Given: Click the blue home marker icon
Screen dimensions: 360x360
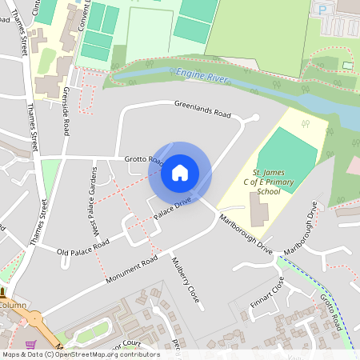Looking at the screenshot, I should click(x=179, y=172).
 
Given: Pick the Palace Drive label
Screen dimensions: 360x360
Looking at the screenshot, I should click(x=173, y=211).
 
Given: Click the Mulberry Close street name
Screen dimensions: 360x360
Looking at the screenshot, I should click(x=185, y=280).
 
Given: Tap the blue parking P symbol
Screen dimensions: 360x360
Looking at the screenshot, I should click(x=322, y=10).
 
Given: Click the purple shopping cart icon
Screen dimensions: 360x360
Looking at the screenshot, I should click(x=31, y=344).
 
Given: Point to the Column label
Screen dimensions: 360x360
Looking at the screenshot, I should click(x=13, y=305).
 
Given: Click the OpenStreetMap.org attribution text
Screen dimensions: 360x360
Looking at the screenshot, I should click(x=104, y=354).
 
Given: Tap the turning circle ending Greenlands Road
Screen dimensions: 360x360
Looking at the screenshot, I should click(x=254, y=118).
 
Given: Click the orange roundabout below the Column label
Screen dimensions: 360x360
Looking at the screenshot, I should click(x=36, y=322).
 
